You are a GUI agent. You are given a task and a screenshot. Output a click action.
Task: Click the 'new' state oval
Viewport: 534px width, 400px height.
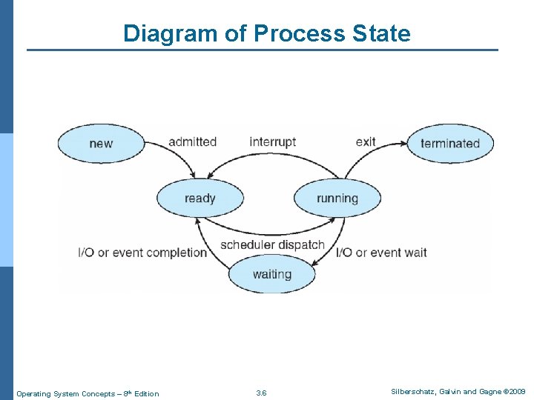click(101, 143)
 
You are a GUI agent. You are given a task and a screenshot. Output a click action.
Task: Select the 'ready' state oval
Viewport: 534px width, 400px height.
click(200, 198)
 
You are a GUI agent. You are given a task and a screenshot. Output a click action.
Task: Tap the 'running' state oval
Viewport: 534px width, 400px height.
click(337, 198)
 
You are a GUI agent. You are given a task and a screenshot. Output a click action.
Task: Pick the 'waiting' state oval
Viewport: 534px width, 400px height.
click(271, 274)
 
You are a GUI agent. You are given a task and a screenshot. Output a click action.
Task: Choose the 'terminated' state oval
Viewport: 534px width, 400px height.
click(450, 143)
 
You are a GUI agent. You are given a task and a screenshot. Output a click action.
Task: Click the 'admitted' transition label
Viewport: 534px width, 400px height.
click(192, 141)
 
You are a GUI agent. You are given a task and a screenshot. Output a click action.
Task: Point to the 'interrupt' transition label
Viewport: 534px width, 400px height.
click(272, 141)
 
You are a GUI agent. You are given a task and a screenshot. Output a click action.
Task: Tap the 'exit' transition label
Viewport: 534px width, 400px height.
click(366, 141)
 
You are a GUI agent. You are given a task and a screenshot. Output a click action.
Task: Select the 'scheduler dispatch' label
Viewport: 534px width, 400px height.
click(272, 244)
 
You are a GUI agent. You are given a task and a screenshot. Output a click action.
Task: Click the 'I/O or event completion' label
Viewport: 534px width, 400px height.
click(142, 253)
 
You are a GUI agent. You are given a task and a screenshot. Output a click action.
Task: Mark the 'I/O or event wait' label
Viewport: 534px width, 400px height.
click(381, 253)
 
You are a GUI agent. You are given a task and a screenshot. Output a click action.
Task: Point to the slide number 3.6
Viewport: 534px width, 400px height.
click(261, 393)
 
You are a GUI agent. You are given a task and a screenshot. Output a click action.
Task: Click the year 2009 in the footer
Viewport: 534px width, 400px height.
click(517, 391)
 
